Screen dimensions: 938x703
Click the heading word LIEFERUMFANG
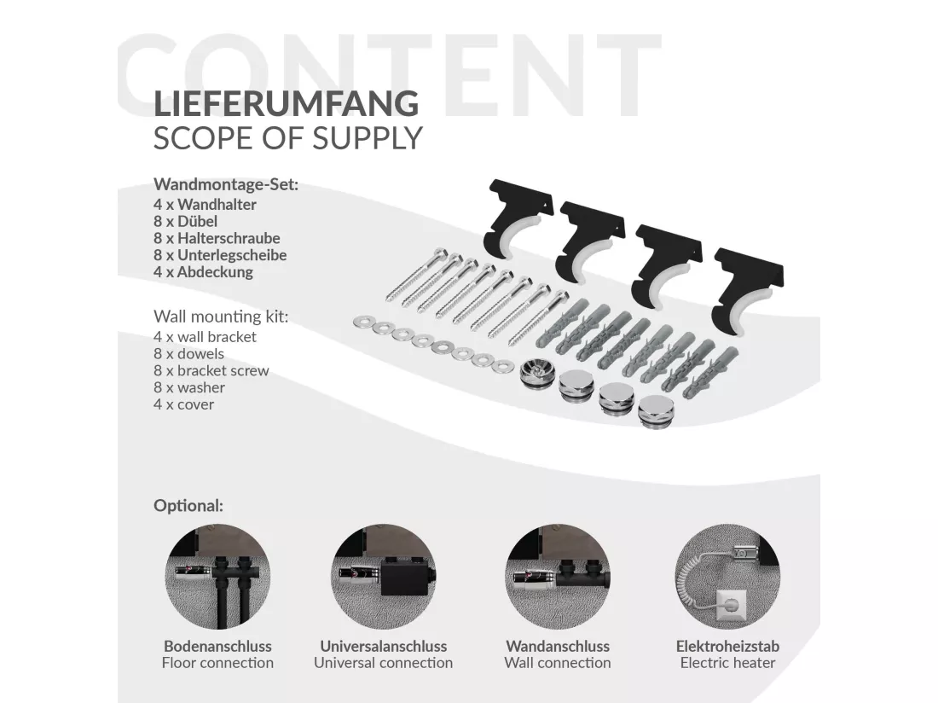pos(286,103)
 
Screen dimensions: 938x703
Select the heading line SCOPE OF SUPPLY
pos(287,138)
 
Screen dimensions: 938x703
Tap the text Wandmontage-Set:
pos(225,184)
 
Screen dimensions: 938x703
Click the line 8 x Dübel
pos(185,221)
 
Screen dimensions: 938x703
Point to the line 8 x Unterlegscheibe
pos(220,255)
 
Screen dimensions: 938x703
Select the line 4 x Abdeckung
pos(204,272)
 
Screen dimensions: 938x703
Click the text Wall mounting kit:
pos(221,317)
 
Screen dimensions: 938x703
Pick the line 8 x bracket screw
pos(211,371)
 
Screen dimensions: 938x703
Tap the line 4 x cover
pos(183,404)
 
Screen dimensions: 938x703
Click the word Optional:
pos(188,506)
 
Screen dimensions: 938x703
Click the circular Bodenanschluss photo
pos(217,576)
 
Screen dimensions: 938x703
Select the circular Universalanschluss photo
pos(384,576)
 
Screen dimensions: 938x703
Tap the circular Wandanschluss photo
pos(558,576)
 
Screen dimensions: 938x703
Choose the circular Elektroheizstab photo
pos(727,576)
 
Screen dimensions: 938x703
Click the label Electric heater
pos(727,663)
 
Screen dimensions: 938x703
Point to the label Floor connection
pos(217,663)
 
